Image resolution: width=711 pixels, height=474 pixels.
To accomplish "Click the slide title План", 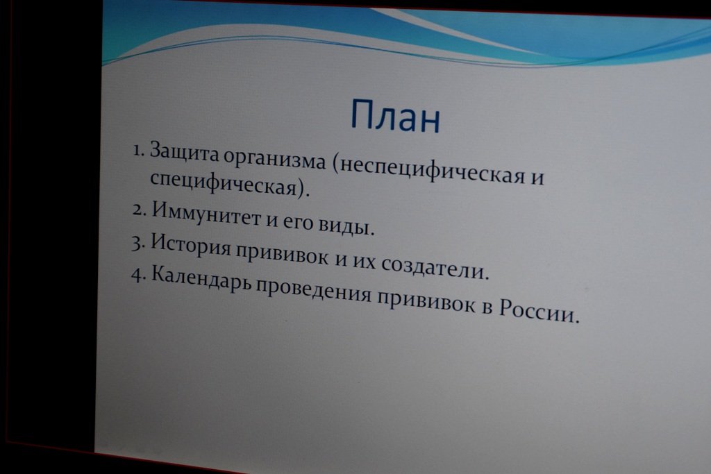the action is tap(395, 116).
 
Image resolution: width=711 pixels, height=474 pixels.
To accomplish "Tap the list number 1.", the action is tap(139, 150).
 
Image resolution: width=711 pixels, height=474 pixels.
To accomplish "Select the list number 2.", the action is tap(139, 210).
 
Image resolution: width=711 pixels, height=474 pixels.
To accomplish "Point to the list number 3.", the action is tap(138, 244).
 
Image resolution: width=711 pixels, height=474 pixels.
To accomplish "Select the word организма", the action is tap(275, 160).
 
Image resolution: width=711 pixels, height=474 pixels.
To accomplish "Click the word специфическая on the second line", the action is tap(225, 183).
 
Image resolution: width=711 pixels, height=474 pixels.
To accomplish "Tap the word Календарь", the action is tap(201, 278).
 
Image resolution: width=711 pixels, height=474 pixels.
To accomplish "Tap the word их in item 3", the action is tap(364, 261).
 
